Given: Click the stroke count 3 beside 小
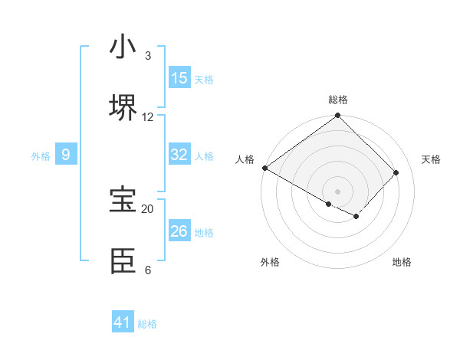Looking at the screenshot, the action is pos(148,55).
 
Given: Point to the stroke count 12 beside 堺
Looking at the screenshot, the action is pos(148,116).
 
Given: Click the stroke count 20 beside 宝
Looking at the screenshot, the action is pos(148,208).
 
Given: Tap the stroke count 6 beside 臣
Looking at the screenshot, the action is pos(148,270).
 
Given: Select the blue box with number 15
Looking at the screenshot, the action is pos(179,78).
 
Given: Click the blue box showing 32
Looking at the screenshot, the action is pos(179,155).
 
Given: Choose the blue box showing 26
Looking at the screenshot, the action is pos(179,231).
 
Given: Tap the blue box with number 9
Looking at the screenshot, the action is pos(66,155).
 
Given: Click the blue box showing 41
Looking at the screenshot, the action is pos(123,322).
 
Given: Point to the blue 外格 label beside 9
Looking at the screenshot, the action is pos(41,156).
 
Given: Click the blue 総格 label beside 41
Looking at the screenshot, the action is pos(147,324).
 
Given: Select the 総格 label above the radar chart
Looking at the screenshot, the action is pos(338,100).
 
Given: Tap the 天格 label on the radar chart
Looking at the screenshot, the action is pos(431,159).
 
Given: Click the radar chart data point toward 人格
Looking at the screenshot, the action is pos(264,168).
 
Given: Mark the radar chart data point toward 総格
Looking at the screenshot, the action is pos(338,116).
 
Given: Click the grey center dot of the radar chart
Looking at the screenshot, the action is pos(338,191).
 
